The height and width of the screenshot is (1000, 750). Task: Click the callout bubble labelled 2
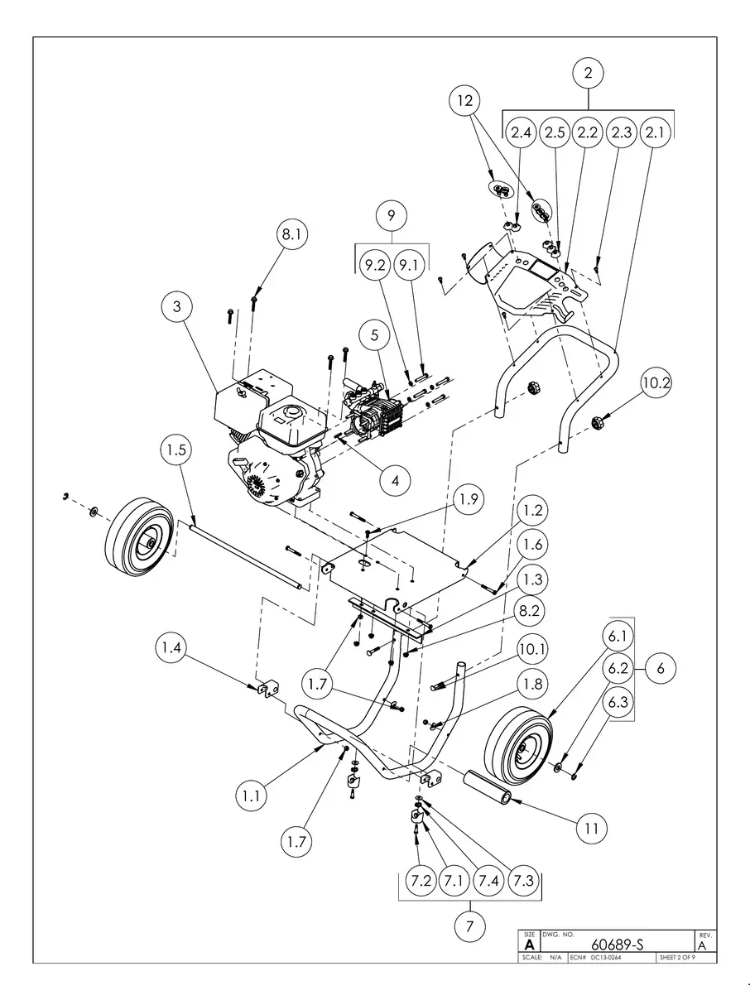[588, 73]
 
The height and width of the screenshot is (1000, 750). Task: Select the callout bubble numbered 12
[465, 101]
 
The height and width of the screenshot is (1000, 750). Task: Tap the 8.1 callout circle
[291, 235]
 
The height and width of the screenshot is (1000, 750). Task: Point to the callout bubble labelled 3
[176, 306]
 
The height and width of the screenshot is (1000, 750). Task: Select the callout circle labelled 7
[469, 926]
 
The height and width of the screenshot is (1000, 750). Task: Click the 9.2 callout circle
[374, 266]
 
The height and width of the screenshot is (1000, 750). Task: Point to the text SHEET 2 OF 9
[676, 958]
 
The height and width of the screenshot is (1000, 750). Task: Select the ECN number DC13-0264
[606, 958]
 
